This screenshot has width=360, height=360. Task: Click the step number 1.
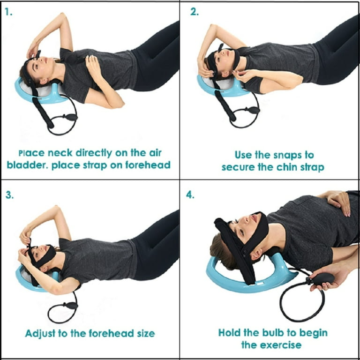point(8,12)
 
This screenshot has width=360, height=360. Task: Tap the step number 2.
point(195,12)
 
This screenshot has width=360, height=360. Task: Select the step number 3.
point(9,195)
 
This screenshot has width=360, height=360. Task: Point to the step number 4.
point(190,195)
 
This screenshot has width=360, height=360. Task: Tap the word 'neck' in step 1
point(60,153)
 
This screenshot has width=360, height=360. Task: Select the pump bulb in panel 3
point(71,305)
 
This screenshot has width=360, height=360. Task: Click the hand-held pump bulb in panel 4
point(321,278)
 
